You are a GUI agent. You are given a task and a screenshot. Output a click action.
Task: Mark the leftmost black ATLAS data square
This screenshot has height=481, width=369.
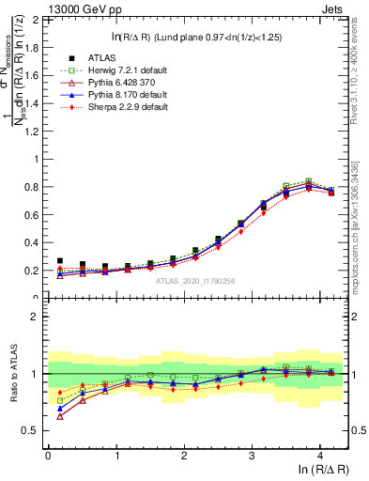[x=60, y=261]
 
